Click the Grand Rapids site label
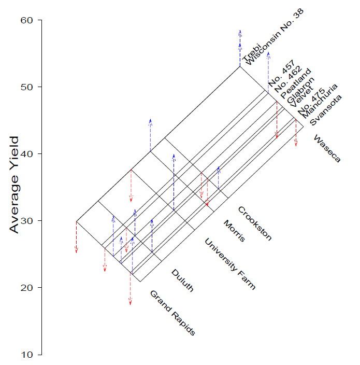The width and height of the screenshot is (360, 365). pos(172,313)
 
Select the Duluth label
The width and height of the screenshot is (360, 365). pos(182,280)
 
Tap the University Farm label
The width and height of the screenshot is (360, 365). pos(230,263)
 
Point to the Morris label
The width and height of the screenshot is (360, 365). pos(234,231)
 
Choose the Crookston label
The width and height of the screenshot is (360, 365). pos(254,223)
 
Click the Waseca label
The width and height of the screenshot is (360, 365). pos(327,148)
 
